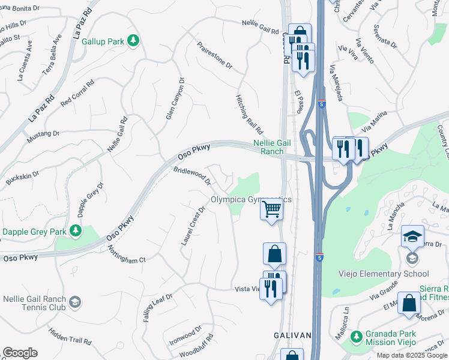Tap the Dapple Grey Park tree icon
point(75,230)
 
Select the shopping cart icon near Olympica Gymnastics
point(272,209)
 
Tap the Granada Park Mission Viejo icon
point(356,335)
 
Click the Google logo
point(20,353)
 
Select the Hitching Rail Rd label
point(249,113)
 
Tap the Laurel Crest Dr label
point(193,226)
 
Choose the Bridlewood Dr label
point(193,175)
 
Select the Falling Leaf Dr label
point(158,307)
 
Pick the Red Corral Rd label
point(77,93)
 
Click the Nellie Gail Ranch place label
point(268,147)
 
